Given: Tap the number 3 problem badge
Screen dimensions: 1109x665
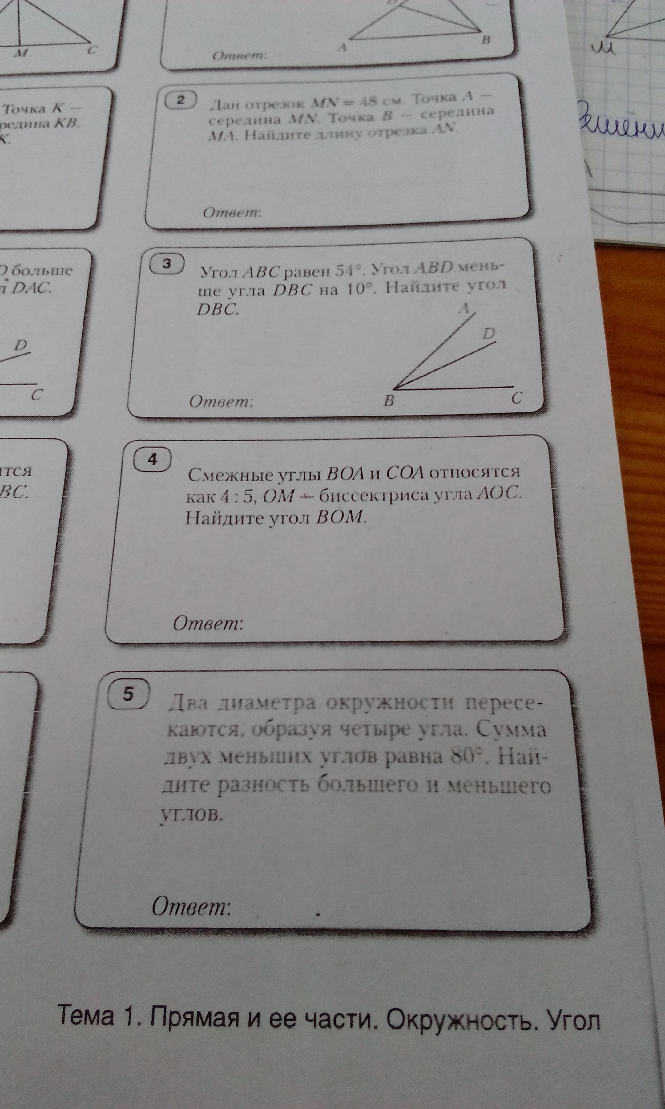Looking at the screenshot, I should pos(167,264).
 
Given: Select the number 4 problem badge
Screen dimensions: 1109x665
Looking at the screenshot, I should pos(152,460).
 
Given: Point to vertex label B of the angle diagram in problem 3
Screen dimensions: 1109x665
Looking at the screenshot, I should pos(389,401).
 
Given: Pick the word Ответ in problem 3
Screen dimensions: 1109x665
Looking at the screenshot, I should pos(220,401).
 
